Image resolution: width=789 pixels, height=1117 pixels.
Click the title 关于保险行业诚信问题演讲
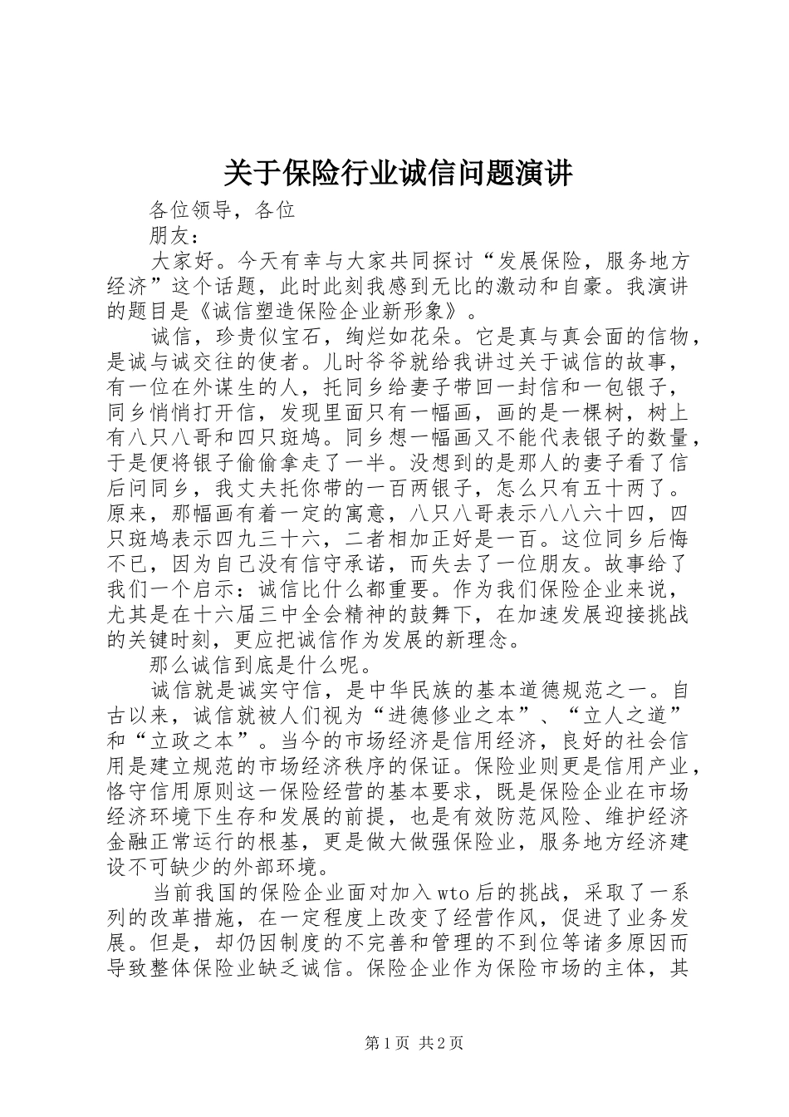click(x=398, y=175)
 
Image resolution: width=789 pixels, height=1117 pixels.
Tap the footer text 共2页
click(x=442, y=1044)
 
